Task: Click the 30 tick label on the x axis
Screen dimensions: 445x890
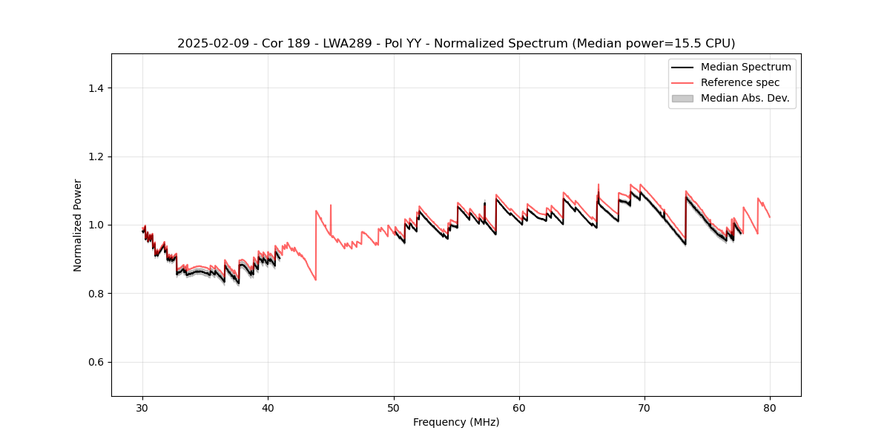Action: pyautogui.click(x=142, y=408)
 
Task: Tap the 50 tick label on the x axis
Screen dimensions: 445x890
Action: pyautogui.click(x=394, y=408)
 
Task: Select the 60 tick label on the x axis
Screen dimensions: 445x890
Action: pyautogui.click(x=519, y=408)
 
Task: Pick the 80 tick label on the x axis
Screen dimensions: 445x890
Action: pyautogui.click(x=770, y=408)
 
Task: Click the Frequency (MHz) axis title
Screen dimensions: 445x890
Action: pyautogui.click(x=456, y=423)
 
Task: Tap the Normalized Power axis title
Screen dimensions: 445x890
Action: pyautogui.click(x=78, y=225)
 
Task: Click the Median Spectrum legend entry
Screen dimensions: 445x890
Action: pyautogui.click(x=745, y=67)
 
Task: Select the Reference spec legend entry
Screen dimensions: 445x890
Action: pyautogui.click(x=740, y=82)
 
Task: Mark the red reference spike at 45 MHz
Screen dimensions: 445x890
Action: pyautogui.click(x=331, y=205)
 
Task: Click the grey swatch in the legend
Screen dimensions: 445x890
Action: pyautogui.click(x=682, y=98)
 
